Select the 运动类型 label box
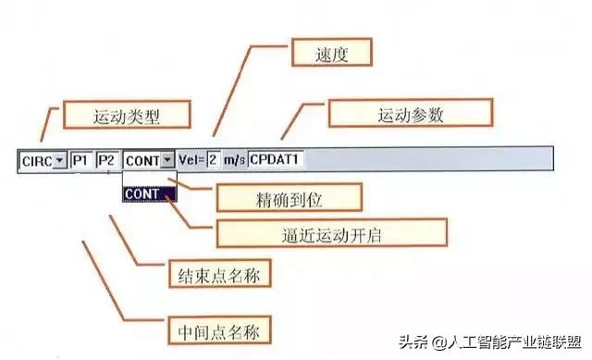(x=127, y=117)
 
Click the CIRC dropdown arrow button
(x=60, y=159)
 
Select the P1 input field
(x=82, y=159)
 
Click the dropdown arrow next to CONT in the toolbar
(x=167, y=159)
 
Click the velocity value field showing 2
(x=213, y=159)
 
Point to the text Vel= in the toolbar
(x=191, y=159)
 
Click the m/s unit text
(x=234, y=159)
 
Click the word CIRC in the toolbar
(x=36, y=159)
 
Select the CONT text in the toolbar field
(x=142, y=159)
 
